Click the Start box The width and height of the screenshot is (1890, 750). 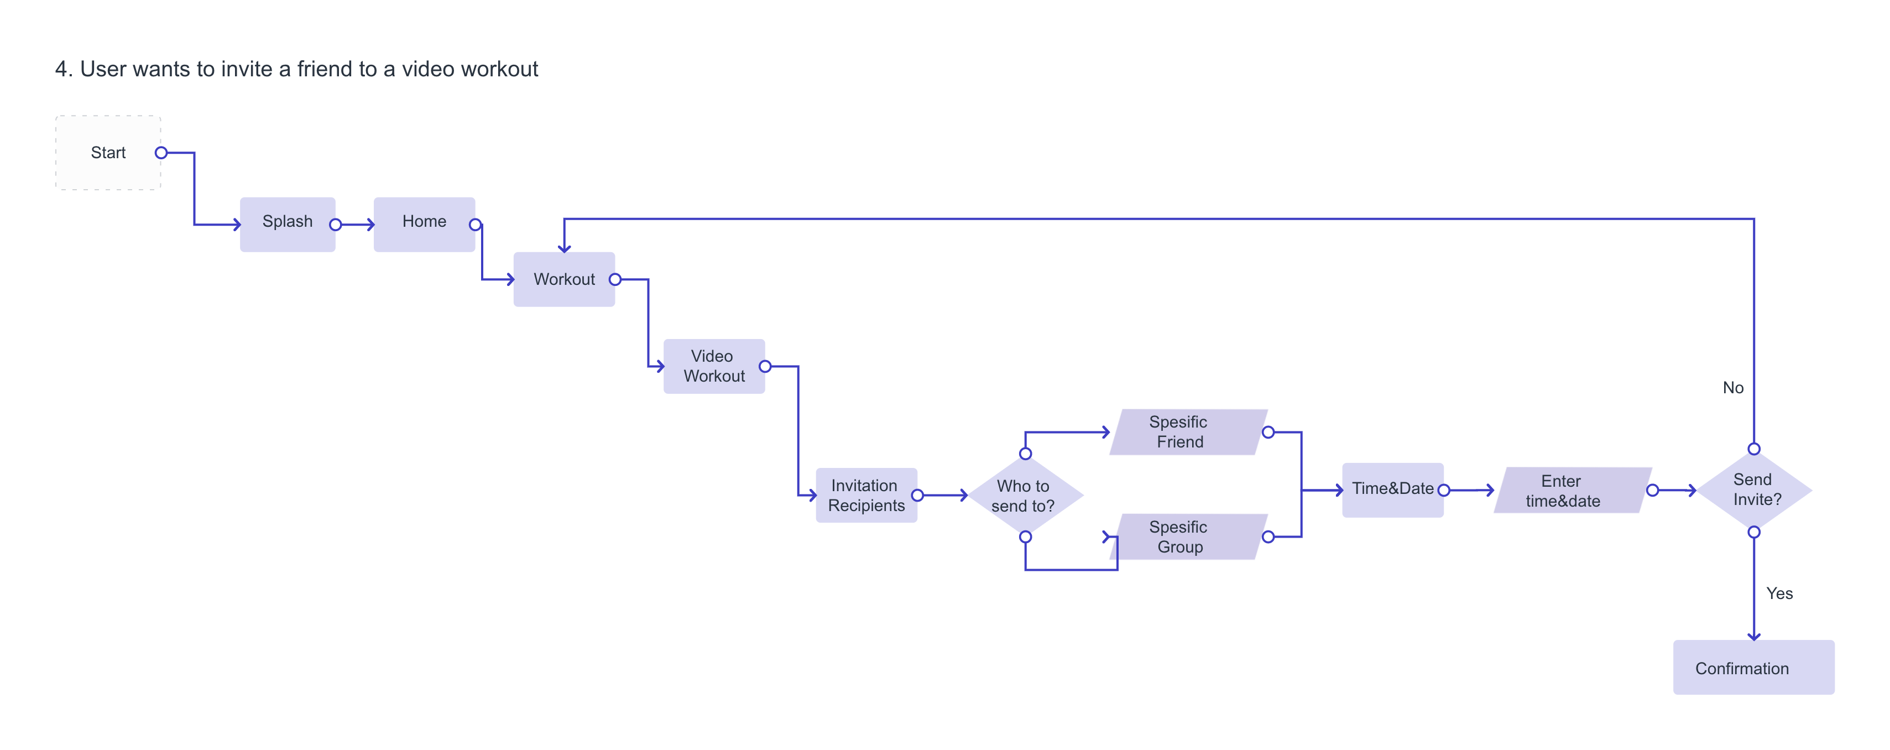[108, 153]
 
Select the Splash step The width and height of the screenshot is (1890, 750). [288, 224]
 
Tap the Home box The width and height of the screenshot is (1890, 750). [424, 224]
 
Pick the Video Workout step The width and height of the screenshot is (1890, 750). [714, 366]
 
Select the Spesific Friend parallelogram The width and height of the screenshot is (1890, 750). [1189, 431]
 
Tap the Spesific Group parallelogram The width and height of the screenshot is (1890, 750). [1189, 537]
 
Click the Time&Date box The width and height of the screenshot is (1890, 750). [1392, 489]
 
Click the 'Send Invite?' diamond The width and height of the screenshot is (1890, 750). [1755, 489]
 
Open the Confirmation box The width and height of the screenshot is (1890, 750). [1753, 667]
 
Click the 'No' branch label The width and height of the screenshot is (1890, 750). [1733, 388]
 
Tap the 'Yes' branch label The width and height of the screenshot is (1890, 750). [1779, 593]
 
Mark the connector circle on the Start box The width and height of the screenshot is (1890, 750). [161, 153]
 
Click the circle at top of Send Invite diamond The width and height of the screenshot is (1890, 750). [1755, 449]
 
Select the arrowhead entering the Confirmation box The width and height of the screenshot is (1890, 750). [1755, 636]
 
